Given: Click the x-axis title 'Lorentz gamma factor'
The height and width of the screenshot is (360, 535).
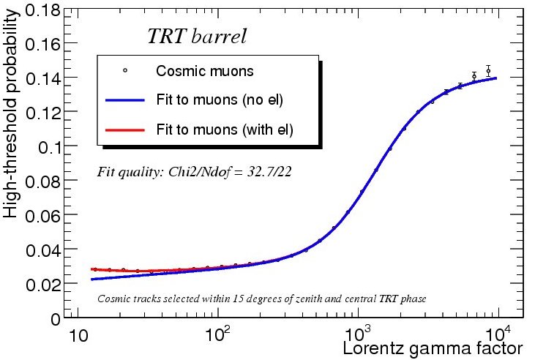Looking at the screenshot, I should click(x=433, y=348).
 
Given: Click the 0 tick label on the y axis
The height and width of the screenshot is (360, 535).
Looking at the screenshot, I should click(x=53, y=318).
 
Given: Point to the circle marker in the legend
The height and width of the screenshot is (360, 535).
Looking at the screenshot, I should click(x=125, y=71).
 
